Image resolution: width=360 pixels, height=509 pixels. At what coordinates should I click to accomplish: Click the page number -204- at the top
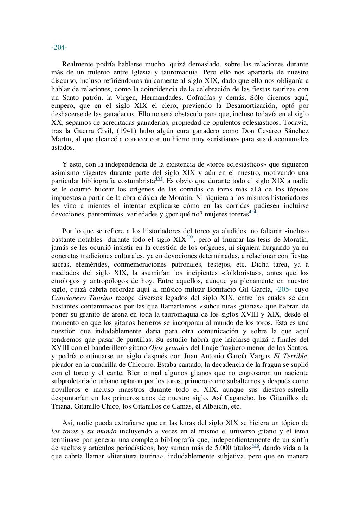(x=59, y=47)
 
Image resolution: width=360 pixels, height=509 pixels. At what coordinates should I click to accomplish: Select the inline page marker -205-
(x=284, y=289)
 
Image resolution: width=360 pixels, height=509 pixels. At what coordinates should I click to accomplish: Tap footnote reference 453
(x=159, y=179)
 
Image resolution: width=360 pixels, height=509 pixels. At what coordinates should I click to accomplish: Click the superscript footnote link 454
(x=252, y=212)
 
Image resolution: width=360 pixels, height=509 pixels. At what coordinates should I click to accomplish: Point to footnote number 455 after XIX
(x=190, y=237)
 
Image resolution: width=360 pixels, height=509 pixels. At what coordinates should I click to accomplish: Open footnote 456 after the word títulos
(x=255, y=445)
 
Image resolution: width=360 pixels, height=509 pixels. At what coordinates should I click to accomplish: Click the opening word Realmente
(x=78, y=64)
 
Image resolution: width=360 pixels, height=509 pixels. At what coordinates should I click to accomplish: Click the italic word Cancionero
(x=68, y=298)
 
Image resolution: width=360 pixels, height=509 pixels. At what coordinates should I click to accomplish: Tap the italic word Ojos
(x=156, y=348)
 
